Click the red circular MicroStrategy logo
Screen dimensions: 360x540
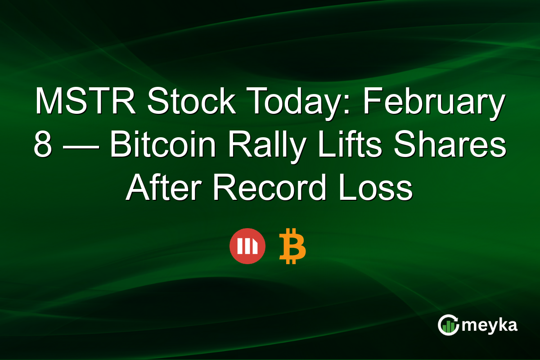point(247,246)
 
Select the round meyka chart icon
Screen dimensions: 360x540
point(449,325)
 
